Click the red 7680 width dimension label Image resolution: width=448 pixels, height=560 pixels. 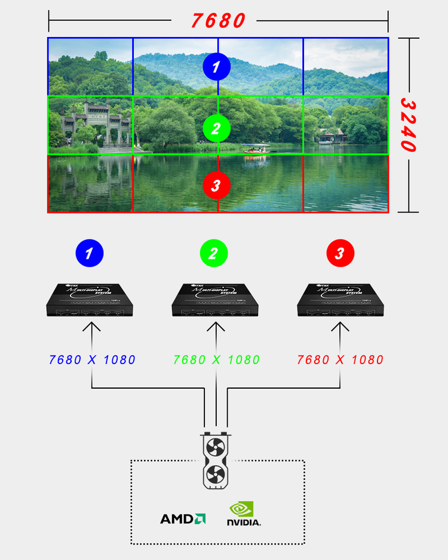pyautogui.click(x=218, y=20)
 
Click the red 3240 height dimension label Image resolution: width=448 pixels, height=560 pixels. pyautogui.click(x=408, y=125)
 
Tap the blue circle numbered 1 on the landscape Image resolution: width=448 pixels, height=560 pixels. pyautogui.click(x=216, y=67)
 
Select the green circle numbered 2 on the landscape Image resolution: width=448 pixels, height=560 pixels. pyautogui.click(x=216, y=127)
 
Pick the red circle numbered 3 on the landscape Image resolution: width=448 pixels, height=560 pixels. pyautogui.click(x=216, y=185)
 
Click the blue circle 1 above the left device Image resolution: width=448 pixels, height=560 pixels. pyautogui.click(x=90, y=254)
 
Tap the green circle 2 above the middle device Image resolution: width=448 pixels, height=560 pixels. pyautogui.click(x=214, y=254)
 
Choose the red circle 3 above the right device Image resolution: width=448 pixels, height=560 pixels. pyautogui.click(x=340, y=254)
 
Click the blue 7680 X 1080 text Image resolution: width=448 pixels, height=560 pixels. pyautogui.click(x=93, y=360)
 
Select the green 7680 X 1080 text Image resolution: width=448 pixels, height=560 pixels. pyautogui.click(x=216, y=360)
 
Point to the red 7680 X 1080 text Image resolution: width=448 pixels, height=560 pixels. pyautogui.click(x=340, y=360)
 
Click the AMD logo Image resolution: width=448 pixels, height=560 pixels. pyautogui.click(x=183, y=519)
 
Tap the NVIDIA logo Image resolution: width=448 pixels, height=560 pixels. pyautogui.click(x=243, y=514)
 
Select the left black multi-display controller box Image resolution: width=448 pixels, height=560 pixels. pyautogui.click(x=90, y=299)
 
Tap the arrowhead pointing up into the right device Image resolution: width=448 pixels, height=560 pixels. pyautogui.click(x=340, y=326)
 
